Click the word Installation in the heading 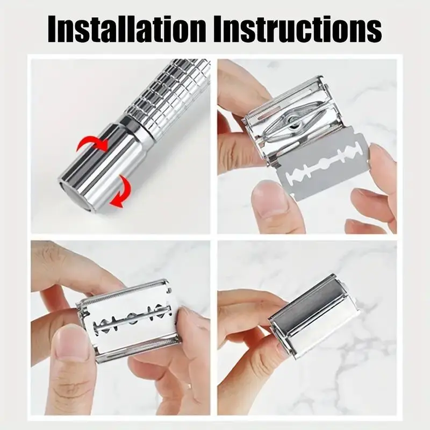pyautogui.click(x=126, y=29)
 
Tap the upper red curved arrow pyautogui.click(x=92, y=145)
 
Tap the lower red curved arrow pyautogui.click(x=120, y=191)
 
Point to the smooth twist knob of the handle pyautogui.click(x=96, y=167)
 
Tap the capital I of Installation pyautogui.click(x=53, y=29)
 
